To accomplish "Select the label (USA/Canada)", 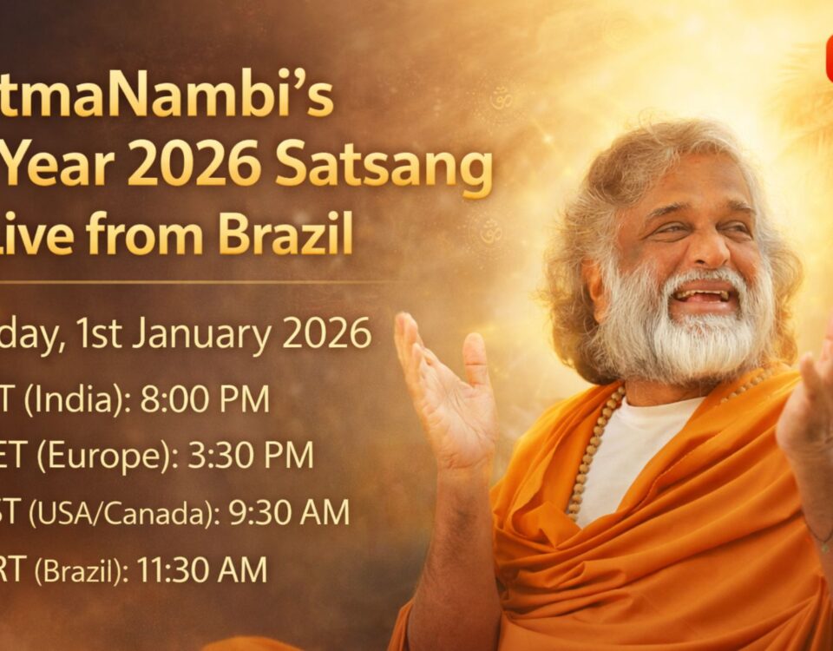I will click(122, 513).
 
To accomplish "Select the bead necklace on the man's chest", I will click(590, 451).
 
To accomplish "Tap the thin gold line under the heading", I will click(191, 282).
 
